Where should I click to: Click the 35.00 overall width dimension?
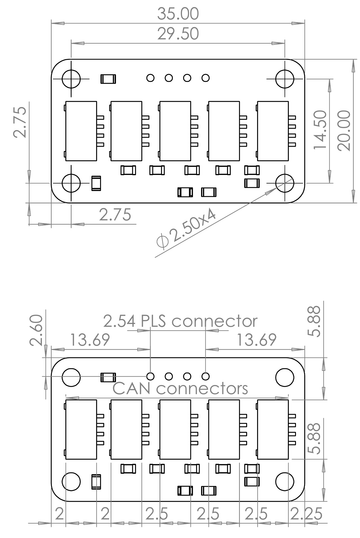pyautogui.click(x=179, y=12)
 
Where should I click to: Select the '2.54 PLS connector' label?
pyautogui.click(x=180, y=321)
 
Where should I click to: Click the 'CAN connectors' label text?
pyautogui.click(x=180, y=387)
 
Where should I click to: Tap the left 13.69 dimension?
pyautogui.click(x=88, y=341)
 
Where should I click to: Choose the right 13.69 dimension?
pyautogui.click(x=254, y=341)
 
